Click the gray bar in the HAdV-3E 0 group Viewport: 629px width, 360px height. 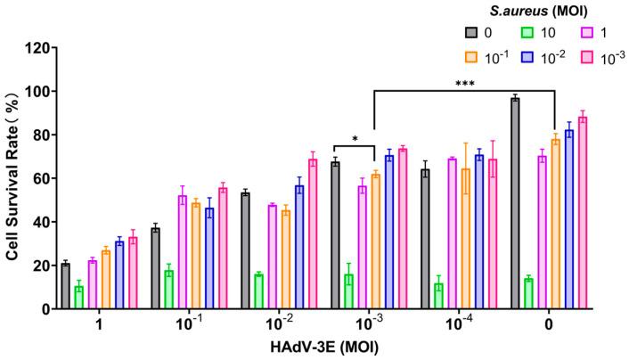coord(515,204)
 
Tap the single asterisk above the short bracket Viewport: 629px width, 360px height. coord(355,138)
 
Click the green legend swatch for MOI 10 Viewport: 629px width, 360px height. coord(529,32)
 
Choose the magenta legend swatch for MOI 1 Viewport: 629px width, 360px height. coord(588,32)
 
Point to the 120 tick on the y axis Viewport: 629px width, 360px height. coord(35,48)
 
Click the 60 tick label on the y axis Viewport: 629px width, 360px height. coord(38,178)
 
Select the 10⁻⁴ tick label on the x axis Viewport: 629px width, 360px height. coord(463,325)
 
